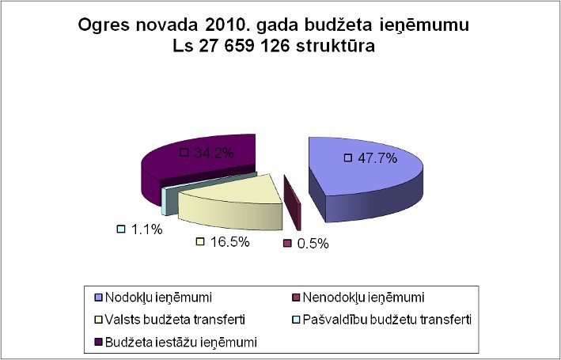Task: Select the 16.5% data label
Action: click(229, 241)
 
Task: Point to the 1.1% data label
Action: click(146, 229)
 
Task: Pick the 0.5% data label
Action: click(313, 243)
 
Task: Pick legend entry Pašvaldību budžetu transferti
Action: click(375, 320)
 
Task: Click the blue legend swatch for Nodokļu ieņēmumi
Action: click(98, 297)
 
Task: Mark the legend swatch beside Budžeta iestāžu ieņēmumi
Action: click(98, 342)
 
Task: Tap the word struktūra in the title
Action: click(332, 47)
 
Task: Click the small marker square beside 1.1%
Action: click(121, 229)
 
